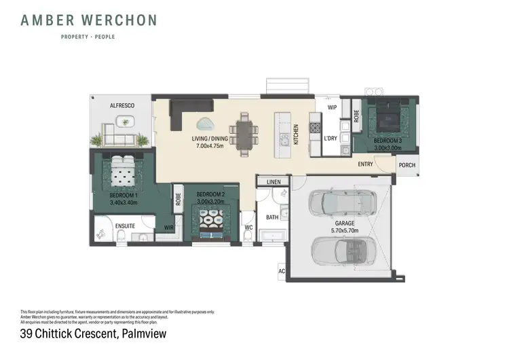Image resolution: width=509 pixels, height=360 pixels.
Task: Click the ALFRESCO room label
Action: [x=123, y=106]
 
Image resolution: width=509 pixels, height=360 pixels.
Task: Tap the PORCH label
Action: [x=407, y=164]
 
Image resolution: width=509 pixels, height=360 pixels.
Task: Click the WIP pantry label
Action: [x=332, y=107]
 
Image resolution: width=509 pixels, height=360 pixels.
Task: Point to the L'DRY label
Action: [x=331, y=139]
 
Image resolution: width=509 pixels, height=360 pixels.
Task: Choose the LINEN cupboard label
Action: [x=274, y=182]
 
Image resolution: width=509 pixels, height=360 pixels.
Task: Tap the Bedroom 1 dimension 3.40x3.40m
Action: [x=123, y=202]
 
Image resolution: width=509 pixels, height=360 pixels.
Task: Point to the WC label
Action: [x=248, y=227]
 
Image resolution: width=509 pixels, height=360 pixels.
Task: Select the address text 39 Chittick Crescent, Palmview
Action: [x=94, y=334]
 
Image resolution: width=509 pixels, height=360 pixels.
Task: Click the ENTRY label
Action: [x=365, y=164]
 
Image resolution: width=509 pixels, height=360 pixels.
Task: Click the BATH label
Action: [x=272, y=217]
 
